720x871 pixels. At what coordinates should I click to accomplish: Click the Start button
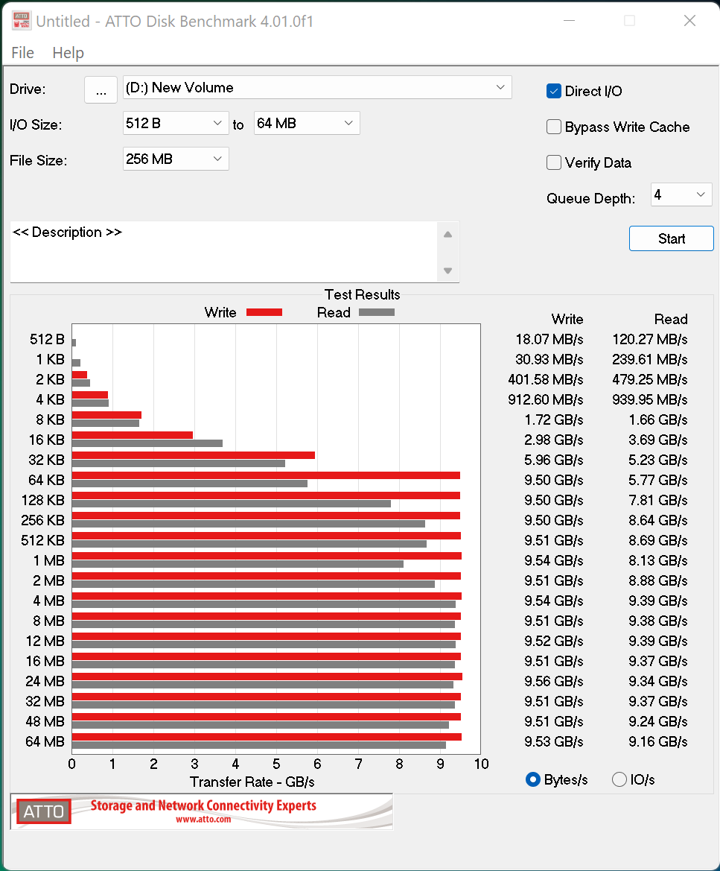click(x=671, y=238)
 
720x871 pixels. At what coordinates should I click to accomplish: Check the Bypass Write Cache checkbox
click(x=554, y=127)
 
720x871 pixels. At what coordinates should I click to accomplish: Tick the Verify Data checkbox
click(x=554, y=162)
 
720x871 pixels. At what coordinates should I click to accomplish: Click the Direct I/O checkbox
click(x=554, y=91)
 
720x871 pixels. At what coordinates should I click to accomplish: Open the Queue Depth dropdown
click(x=681, y=195)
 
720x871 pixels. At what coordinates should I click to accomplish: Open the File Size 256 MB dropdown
click(x=176, y=159)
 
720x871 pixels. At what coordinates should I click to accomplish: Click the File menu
click(x=22, y=53)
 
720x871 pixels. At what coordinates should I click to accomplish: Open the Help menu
click(x=68, y=53)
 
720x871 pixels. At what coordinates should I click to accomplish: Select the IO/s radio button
click(x=619, y=779)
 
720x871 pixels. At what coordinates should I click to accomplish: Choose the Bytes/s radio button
click(x=533, y=779)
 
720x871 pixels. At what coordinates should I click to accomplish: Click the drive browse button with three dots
click(x=101, y=89)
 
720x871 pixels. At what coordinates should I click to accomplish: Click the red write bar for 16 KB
click(x=133, y=435)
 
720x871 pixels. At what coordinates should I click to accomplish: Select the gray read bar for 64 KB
click(x=190, y=484)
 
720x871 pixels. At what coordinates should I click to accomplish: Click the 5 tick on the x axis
click(x=276, y=764)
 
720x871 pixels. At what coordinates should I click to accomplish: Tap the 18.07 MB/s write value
click(x=549, y=339)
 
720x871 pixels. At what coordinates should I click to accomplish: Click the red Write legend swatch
click(x=264, y=312)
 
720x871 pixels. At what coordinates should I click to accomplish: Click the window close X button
click(x=689, y=21)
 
